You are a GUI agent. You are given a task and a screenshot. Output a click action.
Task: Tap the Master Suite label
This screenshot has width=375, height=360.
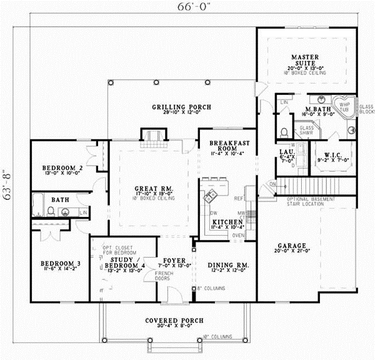point(306,61)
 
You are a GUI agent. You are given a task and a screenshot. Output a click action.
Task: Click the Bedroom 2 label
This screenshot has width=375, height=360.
point(62,169)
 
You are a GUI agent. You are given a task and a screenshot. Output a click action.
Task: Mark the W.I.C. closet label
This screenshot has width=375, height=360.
point(327,156)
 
